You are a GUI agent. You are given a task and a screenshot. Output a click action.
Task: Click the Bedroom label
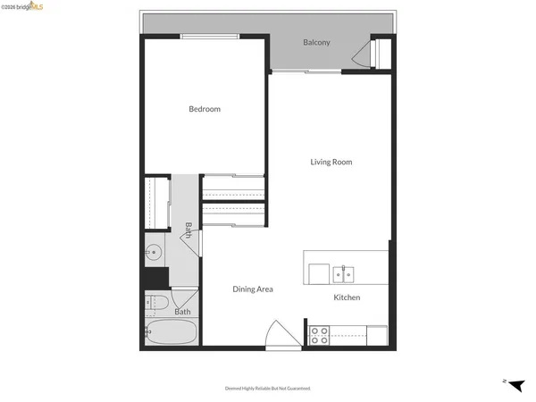point(204,109)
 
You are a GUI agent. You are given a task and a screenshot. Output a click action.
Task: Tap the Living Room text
point(331,162)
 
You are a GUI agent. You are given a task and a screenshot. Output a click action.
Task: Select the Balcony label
point(316,43)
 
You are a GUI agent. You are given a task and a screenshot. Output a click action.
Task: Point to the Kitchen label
point(347,297)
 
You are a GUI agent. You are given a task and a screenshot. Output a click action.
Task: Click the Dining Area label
point(252,289)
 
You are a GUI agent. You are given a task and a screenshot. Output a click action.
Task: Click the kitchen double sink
point(345,273)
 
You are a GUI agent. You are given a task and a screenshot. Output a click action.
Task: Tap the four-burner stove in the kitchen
point(319,335)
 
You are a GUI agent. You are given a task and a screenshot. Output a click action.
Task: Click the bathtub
point(170,334)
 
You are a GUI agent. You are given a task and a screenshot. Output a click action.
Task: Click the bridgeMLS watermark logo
point(27,6)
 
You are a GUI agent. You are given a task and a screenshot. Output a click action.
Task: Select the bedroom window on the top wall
point(208,37)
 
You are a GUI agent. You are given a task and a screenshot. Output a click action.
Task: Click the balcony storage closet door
point(361,58)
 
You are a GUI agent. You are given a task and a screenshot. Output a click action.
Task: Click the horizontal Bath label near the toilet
point(182,312)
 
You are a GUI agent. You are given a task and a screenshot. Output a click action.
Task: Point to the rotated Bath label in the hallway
point(188,231)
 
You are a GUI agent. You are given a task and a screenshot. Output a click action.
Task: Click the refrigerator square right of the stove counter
point(376,336)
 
